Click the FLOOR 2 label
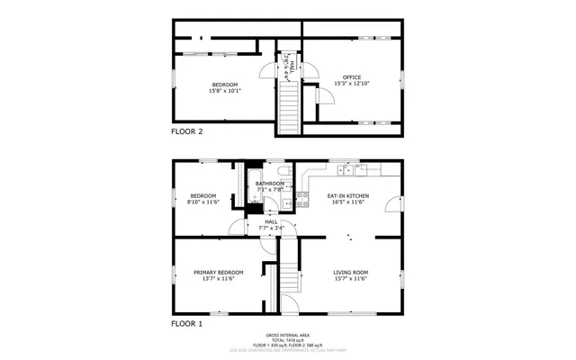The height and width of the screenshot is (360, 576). pos(187,131)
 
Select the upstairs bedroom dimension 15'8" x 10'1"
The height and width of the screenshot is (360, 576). pos(225,91)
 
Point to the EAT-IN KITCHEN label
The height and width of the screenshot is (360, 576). pos(347,194)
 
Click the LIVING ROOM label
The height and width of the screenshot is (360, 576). pos(351,272)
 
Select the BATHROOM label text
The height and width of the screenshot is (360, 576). pos(270,184)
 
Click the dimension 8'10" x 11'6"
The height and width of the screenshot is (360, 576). pos(202,202)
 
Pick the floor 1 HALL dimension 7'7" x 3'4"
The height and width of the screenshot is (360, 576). pos(271,228)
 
